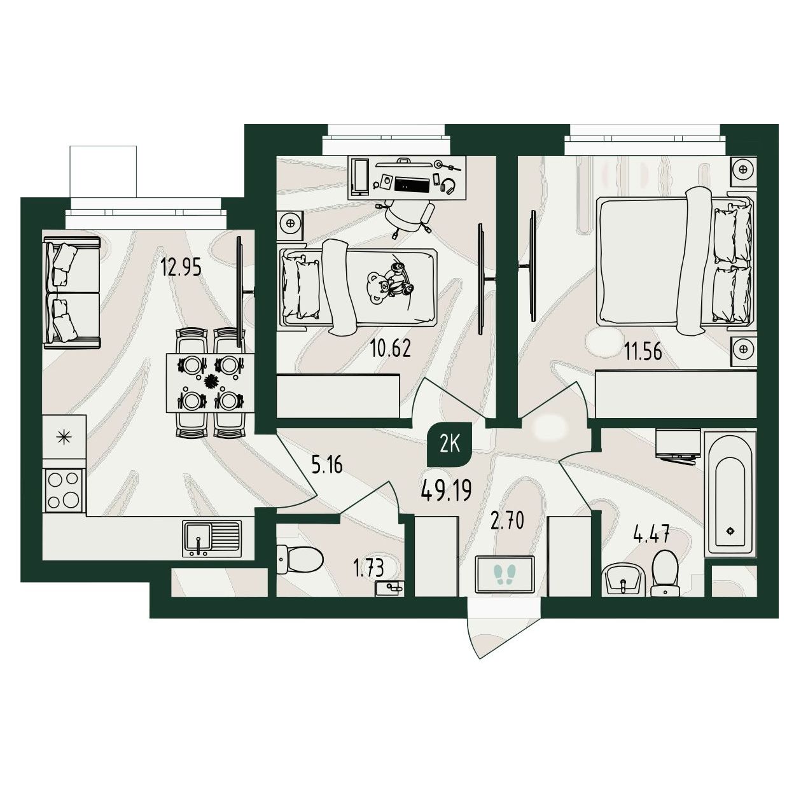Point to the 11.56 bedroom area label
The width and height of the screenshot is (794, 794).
[x=643, y=352]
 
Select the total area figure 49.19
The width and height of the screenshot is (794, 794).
[x=446, y=491]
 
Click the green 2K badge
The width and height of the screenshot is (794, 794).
[x=450, y=445]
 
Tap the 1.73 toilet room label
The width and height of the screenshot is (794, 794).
[x=369, y=568]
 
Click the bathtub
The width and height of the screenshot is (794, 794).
[x=730, y=494]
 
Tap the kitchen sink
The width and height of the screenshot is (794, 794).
[x=212, y=539]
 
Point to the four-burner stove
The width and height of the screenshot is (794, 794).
[x=64, y=491]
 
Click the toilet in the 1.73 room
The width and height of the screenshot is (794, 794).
[x=300, y=559]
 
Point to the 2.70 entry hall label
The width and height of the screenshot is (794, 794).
[x=508, y=520]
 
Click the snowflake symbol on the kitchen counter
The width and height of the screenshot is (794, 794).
[x=64, y=436]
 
